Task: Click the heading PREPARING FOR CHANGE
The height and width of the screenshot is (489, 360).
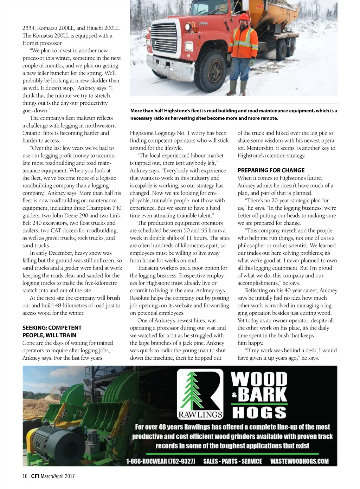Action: click(x=271, y=170)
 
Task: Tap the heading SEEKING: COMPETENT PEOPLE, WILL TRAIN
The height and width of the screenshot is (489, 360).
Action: click(x=52, y=331)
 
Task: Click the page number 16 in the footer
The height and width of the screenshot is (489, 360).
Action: click(x=25, y=476)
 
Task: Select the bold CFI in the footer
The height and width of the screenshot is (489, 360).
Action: click(x=35, y=476)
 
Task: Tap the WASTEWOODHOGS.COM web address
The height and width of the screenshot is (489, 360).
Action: click(x=299, y=461)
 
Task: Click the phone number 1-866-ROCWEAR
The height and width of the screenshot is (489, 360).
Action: click(x=161, y=461)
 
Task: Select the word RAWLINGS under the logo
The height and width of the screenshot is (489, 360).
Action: click(x=200, y=415)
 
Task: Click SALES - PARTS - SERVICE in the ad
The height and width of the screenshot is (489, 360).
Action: click(x=232, y=461)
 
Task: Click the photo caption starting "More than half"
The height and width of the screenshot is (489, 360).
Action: click(x=233, y=115)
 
